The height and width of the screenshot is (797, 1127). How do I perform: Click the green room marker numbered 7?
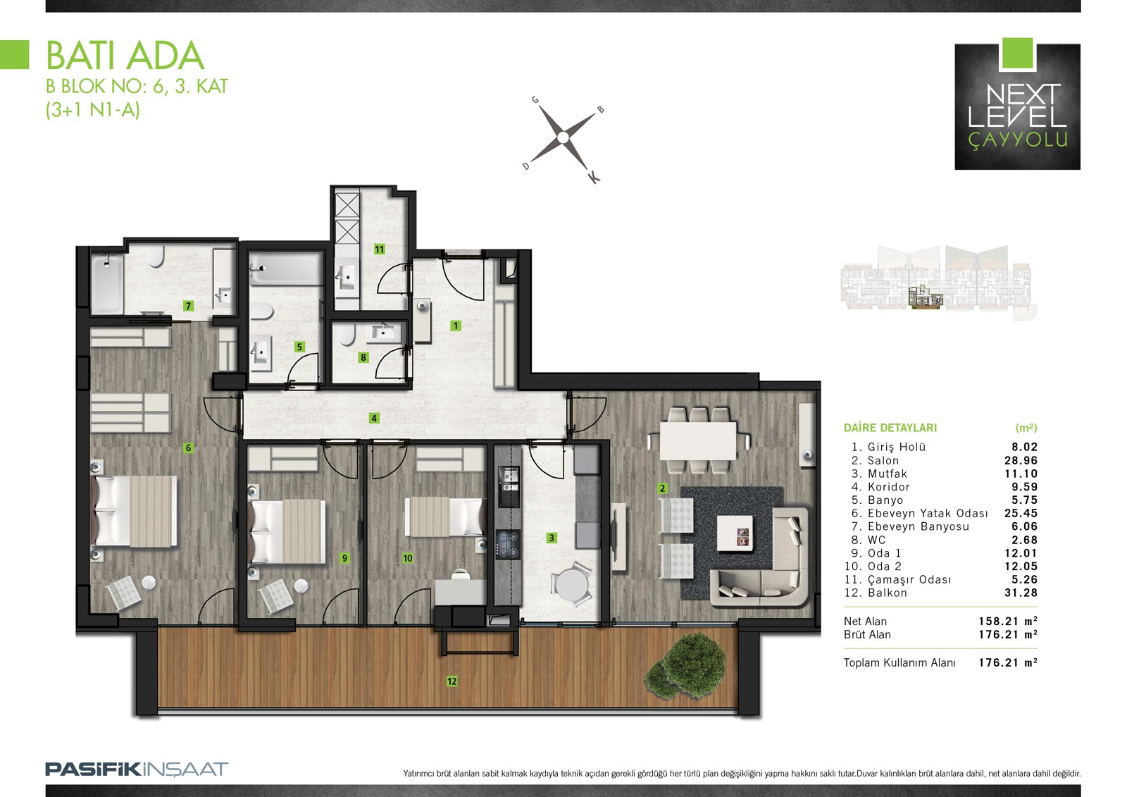point(188,306)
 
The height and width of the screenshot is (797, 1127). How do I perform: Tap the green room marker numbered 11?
point(380,249)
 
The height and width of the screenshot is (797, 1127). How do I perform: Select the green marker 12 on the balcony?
point(452,681)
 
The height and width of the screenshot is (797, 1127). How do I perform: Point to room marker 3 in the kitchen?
point(552,538)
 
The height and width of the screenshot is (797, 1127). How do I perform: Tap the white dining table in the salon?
point(698,440)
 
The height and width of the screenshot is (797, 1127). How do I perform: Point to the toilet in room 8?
point(347,334)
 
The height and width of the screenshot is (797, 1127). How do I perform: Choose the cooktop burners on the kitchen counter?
point(508,544)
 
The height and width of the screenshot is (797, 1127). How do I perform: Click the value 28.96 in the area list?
point(1021,460)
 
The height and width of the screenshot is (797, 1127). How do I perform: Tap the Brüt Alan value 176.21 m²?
point(1008,634)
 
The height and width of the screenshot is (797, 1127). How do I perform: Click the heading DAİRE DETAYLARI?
point(890,428)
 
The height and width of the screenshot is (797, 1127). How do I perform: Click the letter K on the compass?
point(594,177)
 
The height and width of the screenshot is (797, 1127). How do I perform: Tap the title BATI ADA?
point(125,56)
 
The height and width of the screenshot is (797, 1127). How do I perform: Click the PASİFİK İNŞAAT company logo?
point(137,770)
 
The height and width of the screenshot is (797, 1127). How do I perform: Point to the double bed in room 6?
point(134,511)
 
